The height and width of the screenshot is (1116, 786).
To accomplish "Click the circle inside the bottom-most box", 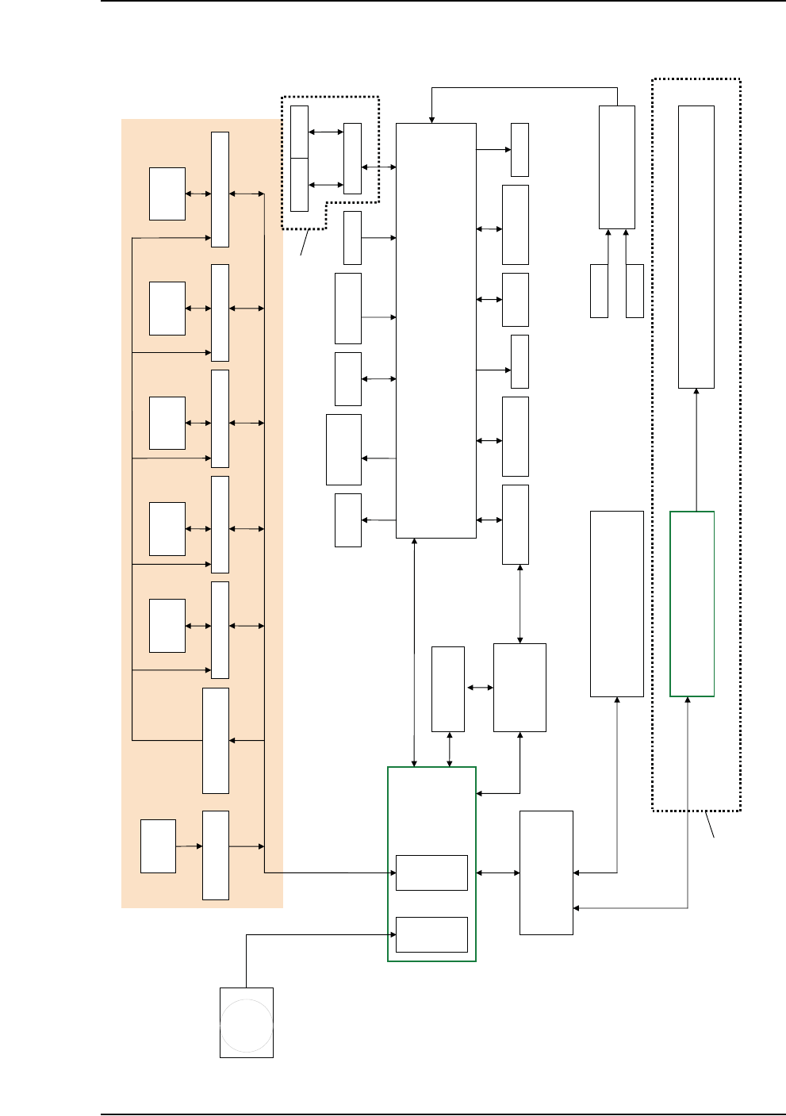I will pyautogui.click(x=247, y=1025).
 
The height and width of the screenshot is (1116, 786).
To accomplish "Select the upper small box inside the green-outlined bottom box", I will pyautogui.click(x=431, y=872).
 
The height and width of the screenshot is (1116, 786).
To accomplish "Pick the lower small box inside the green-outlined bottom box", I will pyautogui.click(x=431, y=934).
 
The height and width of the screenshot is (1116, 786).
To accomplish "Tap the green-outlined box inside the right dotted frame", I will pyautogui.click(x=692, y=604).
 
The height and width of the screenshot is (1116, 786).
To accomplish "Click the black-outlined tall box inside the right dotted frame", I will pyautogui.click(x=696, y=247).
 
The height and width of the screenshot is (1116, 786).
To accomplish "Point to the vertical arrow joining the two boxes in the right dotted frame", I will pyautogui.click(x=696, y=450).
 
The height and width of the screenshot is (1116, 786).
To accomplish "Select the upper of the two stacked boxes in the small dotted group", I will pyautogui.click(x=299, y=132).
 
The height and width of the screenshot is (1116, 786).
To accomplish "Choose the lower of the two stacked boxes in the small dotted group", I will pyautogui.click(x=299, y=185).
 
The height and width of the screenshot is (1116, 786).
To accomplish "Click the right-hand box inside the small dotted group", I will pyautogui.click(x=352, y=159).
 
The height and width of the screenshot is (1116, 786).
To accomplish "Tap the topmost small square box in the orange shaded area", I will pyautogui.click(x=167, y=194).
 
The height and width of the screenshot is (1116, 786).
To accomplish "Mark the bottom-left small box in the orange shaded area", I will pyautogui.click(x=158, y=846).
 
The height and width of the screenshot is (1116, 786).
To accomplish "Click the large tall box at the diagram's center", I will pyautogui.click(x=435, y=330).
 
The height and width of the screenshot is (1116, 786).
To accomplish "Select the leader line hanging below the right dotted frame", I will pyautogui.click(x=710, y=824).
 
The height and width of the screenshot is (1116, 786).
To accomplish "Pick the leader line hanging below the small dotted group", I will pyautogui.click(x=304, y=243).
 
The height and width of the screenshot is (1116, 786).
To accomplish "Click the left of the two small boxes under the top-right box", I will pyautogui.click(x=599, y=291).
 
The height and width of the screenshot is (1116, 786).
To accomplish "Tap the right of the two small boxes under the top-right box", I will pyautogui.click(x=635, y=291).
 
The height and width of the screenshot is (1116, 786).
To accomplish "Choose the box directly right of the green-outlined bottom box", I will pyautogui.click(x=546, y=872).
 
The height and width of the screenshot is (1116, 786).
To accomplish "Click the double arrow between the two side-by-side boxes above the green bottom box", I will pyautogui.click(x=479, y=688).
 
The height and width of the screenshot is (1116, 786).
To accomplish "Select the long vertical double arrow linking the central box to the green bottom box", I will pyautogui.click(x=414, y=652).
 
